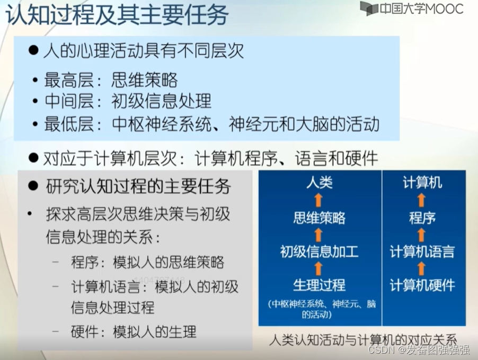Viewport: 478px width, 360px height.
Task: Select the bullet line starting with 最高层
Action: pyautogui.click(x=111, y=80)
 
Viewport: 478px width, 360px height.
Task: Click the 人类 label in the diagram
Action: pyautogui.click(x=319, y=183)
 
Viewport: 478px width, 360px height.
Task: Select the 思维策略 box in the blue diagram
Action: pyautogui.click(x=319, y=218)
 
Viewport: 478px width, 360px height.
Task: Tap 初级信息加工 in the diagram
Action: pyautogui.click(x=319, y=251)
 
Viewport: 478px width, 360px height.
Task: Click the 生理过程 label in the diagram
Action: pyautogui.click(x=319, y=285)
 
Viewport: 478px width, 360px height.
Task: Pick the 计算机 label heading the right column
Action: pyautogui.click(x=422, y=183)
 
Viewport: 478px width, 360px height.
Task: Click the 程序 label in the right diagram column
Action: pyautogui.click(x=422, y=218)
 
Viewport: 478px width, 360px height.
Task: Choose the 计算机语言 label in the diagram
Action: pyautogui.click(x=422, y=251)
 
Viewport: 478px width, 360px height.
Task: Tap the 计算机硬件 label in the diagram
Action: pyautogui.click(x=422, y=285)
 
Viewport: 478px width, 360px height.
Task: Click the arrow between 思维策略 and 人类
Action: pyautogui.click(x=318, y=200)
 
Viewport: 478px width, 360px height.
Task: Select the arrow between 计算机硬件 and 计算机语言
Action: pyautogui.click(x=422, y=268)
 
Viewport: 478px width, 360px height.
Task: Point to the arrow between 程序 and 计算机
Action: pyautogui.click(x=422, y=200)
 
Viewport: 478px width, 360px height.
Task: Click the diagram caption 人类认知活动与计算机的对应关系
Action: pyautogui.click(x=363, y=339)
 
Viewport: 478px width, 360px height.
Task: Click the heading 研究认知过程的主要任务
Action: pyautogui.click(x=138, y=186)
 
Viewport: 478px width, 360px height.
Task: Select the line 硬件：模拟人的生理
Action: pyautogui.click(x=133, y=332)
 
